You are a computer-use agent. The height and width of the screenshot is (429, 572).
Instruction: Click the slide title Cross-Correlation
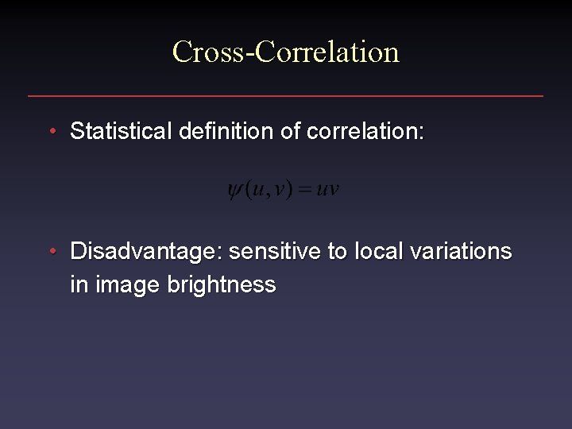coord(285,52)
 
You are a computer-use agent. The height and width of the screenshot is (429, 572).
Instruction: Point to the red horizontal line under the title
coord(285,96)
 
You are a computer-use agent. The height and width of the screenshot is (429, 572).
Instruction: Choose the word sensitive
coord(275,252)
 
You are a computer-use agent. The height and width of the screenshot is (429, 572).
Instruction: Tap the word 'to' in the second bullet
coord(338,252)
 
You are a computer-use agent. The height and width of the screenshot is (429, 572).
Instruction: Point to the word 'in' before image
coord(79,284)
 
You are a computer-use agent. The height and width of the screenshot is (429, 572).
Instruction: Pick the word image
coord(127,286)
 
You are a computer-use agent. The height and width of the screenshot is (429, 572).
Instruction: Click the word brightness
coord(222,285)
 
